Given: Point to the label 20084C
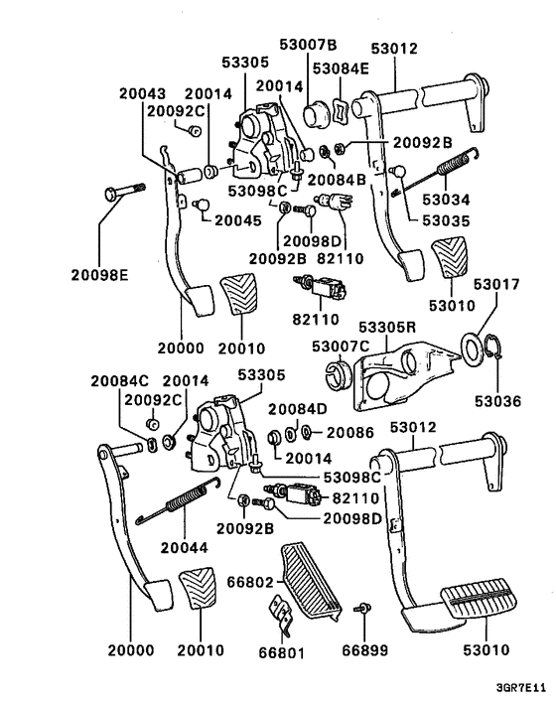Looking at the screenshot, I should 119,379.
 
